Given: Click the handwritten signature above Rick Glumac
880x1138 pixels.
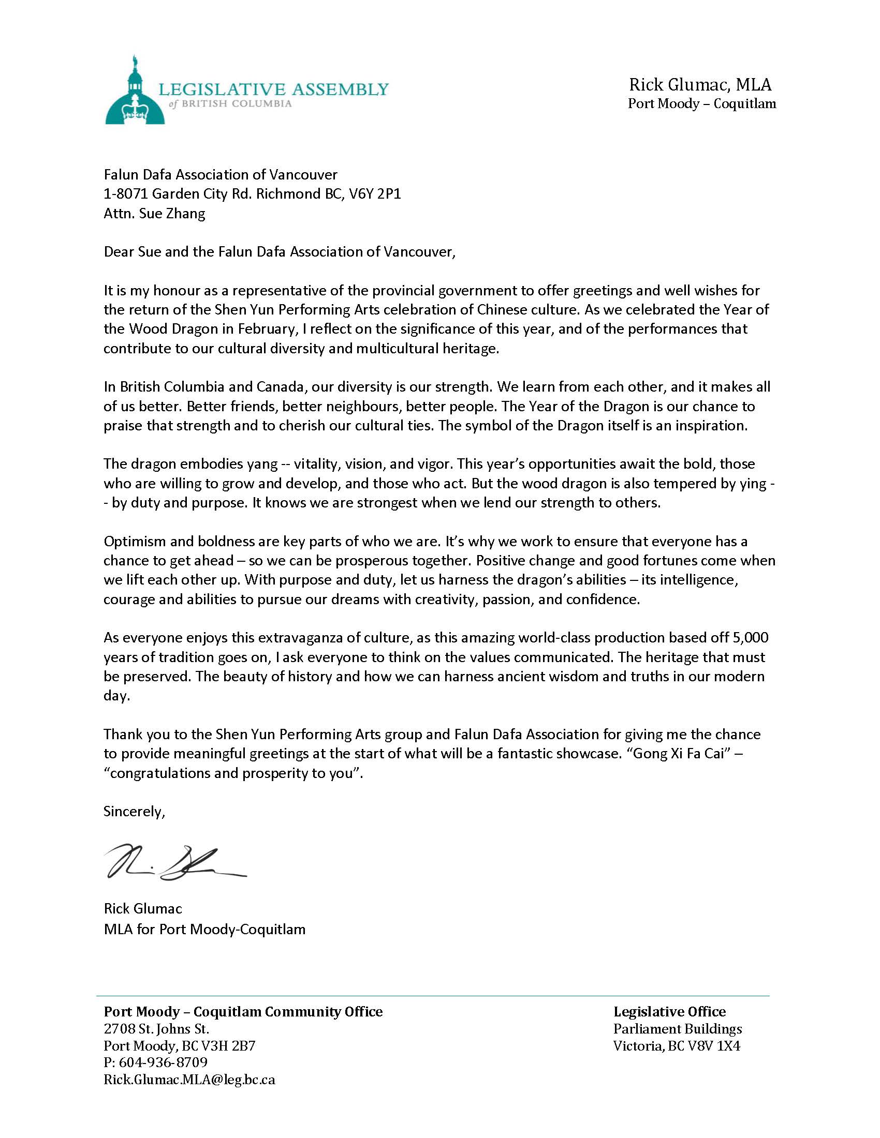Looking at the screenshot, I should point(174,863).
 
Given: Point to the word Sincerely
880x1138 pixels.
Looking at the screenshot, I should point(134,811).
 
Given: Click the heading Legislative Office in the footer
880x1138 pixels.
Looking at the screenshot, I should point(669,1011).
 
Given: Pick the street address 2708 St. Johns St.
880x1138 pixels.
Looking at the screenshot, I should point(156,1029).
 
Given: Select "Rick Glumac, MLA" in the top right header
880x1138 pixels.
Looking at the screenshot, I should point(700,84).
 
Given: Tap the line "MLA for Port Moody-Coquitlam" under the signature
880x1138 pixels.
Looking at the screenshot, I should point(204,930).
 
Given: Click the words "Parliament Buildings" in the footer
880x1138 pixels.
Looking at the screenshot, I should point(677,1028).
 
